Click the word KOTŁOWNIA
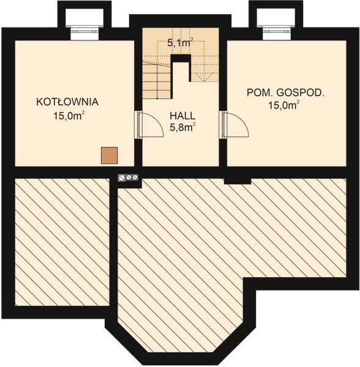tap(67, 102)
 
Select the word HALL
tap(182, 115)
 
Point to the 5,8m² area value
tap(182, 127)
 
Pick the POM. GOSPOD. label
tap(285, 93)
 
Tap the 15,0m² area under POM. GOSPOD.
tap(285, 105)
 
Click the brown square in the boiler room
tap(109, 155)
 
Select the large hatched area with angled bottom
tap(202, 257)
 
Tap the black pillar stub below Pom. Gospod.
tap(238, 180)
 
